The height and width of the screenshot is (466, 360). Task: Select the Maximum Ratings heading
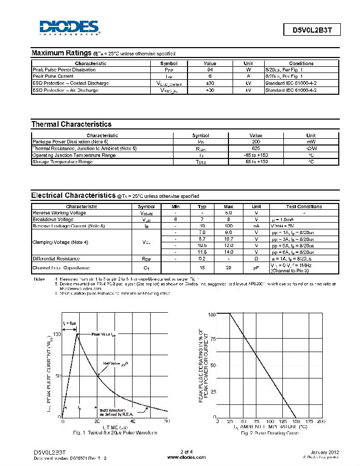[x=62, y=53]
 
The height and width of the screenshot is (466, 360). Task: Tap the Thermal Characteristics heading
[x=71, y=124]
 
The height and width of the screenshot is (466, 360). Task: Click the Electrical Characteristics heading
[x=73, y=195]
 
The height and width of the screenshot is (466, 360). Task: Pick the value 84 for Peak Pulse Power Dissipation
[x=210, y=69]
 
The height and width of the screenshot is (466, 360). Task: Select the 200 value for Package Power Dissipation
[x=256, y=141]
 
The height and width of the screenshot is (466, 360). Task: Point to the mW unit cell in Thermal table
[x=311, y=141]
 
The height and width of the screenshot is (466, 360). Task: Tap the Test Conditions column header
[x=304, y=206]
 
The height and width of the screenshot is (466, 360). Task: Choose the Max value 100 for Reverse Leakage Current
[x=228, y=226]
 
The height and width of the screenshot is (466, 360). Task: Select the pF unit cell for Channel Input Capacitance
[x=255, y=268]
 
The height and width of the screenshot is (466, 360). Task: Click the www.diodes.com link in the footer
[x=180, y=457]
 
